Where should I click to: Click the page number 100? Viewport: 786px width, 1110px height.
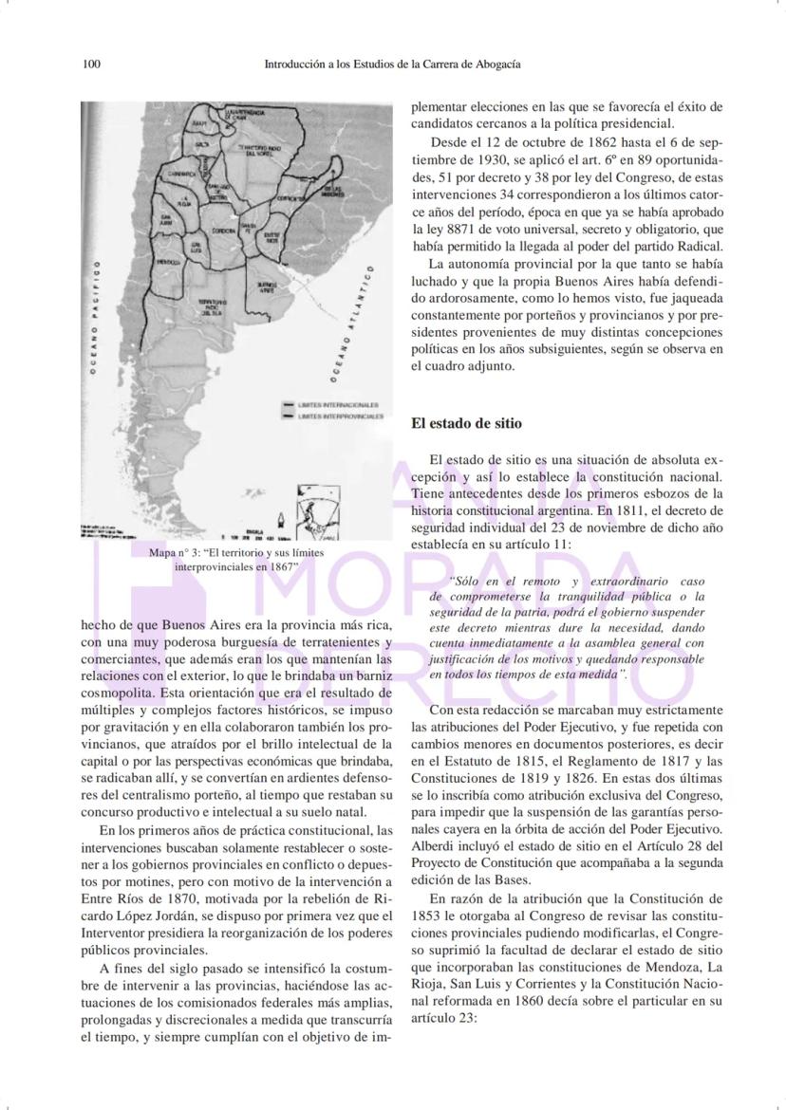[92, 65]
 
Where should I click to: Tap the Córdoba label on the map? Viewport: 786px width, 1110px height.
[224, 231]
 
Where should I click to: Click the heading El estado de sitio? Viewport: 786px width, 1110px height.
[466, 423]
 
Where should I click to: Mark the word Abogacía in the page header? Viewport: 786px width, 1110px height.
[498, 65]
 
